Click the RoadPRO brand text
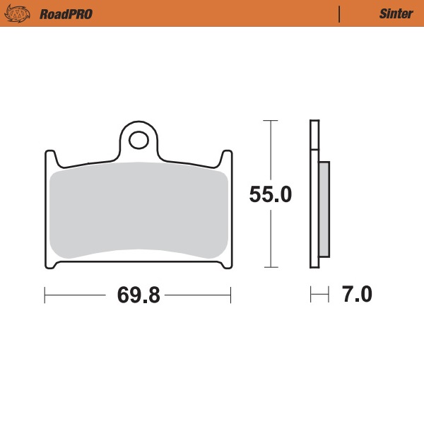pyautogui.click(x=66, y=13)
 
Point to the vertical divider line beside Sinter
pyautogui.click(x=340, y=13)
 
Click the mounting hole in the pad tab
pyautogui.click(x=139, y=139)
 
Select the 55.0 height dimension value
pyautogui.click(x=270, y=194)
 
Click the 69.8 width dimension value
pyautogui.click(x=139, y=295)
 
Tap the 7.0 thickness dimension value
pyautogui.click(x=357, y=294)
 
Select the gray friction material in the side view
pyautogui.click(x=324, y=209)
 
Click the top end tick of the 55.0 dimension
pyautogui.click(x=269, y=121)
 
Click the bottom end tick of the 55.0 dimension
pyautogui.click(x=269, y=268)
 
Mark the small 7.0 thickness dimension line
pyautogui.click(x=319, y=295)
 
